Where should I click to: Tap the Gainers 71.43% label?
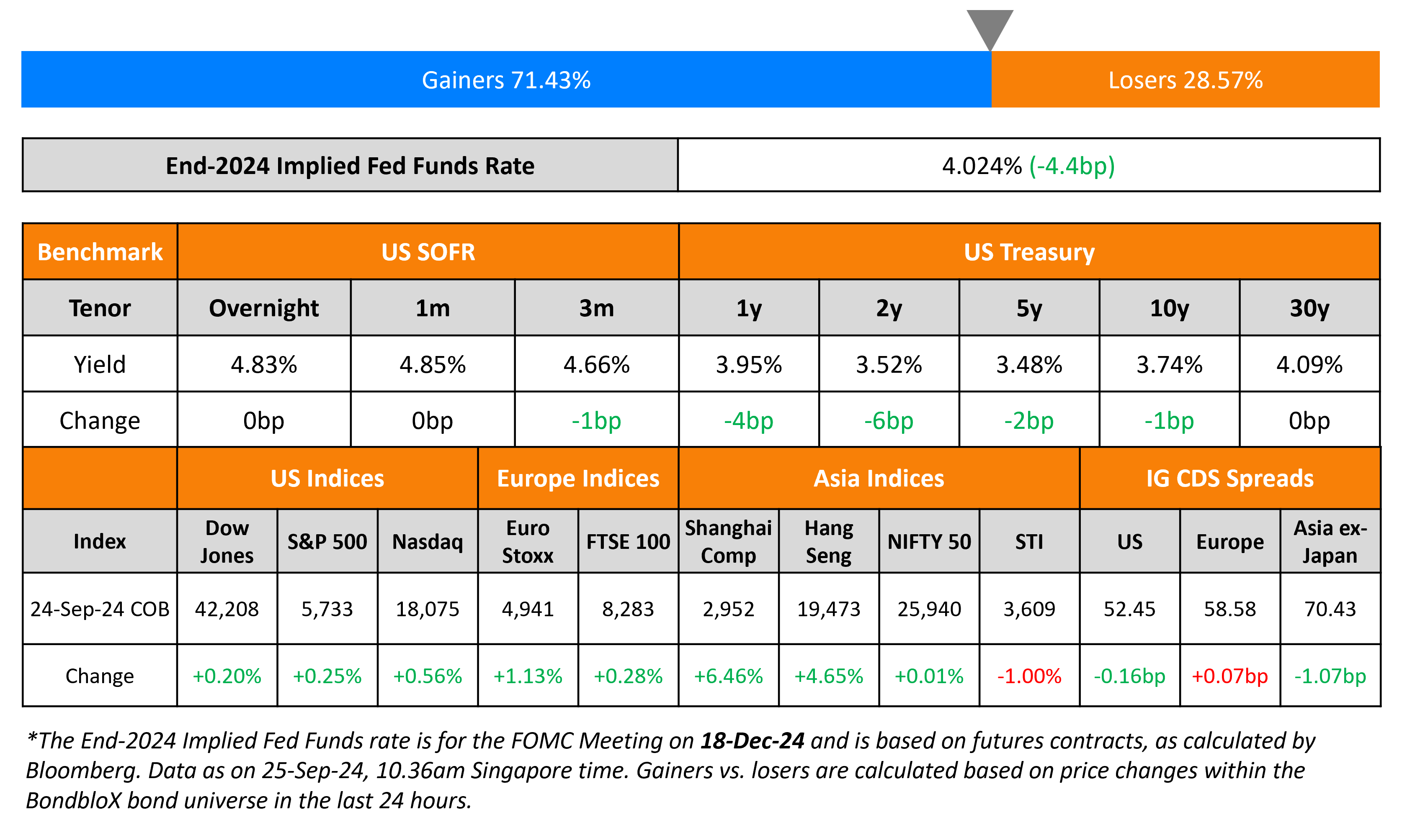click(x=506, y=80)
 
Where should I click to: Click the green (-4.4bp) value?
click(x=1072, y=166)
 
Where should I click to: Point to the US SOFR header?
click(x=428, y=252)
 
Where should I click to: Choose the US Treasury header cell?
click(x=1029, y=252)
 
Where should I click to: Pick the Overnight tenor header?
click(x=264, y=308)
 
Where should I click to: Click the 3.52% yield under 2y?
click(x=889, y=365)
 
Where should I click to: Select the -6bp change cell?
click(x=889, y=420)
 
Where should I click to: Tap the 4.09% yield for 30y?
click(x=1309, y=365)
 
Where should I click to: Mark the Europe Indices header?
click(x=578, y=479)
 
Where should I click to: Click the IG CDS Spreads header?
click(x=1229, y=479)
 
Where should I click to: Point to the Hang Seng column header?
click(x=829, y=541)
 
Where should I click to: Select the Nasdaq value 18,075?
click(x=428, y=609)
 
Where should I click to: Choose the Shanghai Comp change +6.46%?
click(x=728, y=676)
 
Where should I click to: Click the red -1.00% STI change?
click(x=1029, y=676)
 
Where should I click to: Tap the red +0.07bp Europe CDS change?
click(x=1229, y=676)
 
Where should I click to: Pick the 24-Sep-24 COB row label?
click(x=100, y=609)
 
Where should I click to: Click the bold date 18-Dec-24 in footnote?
click(x=752, y=740)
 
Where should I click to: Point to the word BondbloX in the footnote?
click(x=73, y=800)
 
